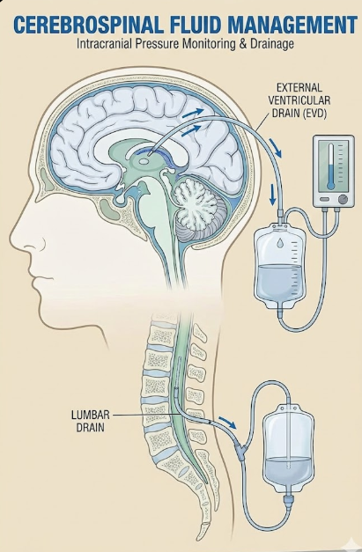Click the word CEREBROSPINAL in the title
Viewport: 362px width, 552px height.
click(88, 25)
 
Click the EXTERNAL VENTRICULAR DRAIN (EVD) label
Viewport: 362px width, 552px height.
click(299, 100)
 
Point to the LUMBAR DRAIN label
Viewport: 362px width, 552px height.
click(91, 421)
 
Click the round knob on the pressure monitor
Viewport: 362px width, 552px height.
click(343, 200)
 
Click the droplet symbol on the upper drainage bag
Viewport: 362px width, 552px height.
click(280, 243)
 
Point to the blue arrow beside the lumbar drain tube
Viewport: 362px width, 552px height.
click(226, 422)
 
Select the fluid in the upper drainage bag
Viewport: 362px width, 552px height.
click(278, 282)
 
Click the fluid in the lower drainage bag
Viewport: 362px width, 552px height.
click(289, 472)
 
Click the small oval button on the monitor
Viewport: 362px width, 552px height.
click(325, 199)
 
